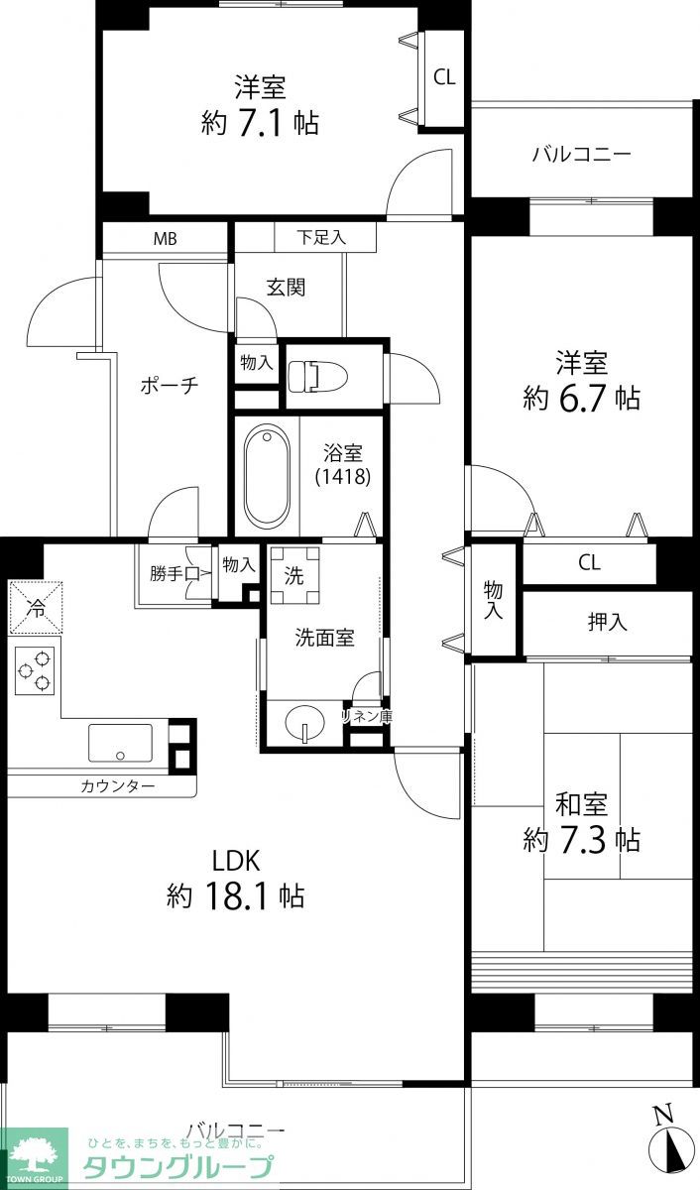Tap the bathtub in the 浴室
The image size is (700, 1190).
[266, 477]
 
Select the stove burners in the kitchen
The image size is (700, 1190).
[35, 669]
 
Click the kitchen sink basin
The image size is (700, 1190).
[120, 742]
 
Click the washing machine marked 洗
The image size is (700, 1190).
[294, 576]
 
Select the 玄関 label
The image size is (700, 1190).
[286, 288]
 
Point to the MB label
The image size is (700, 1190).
[165, 239]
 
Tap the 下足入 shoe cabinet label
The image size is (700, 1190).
[322, 238]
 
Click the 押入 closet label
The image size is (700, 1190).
[607, 622]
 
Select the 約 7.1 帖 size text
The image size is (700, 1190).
[260, 123]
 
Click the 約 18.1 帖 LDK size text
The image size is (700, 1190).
[235, 896]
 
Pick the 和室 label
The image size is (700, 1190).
[581, 803]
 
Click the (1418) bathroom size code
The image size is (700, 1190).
[343, 477]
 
